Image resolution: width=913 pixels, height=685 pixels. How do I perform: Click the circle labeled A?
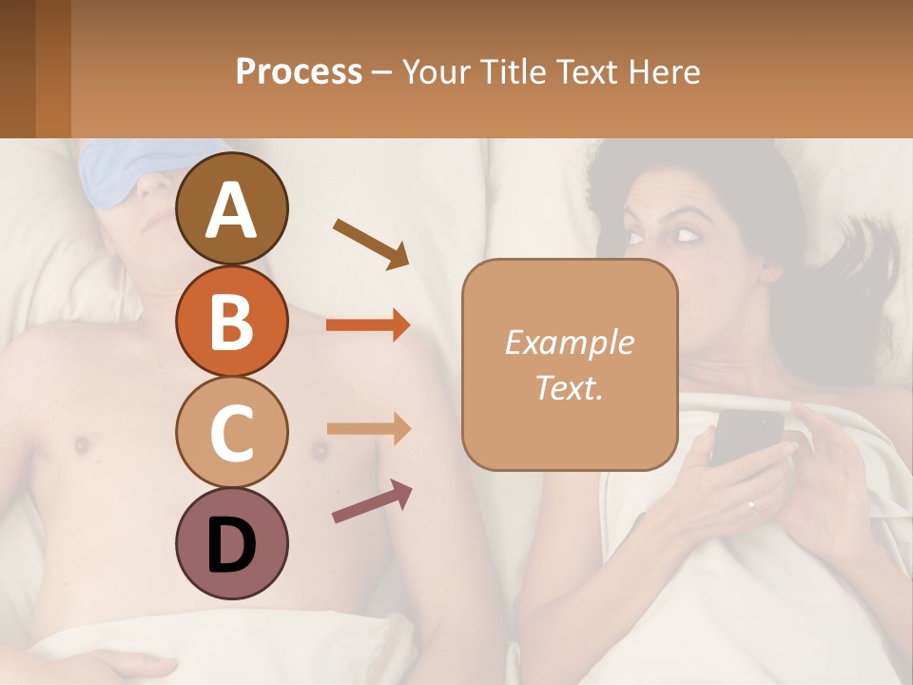231,208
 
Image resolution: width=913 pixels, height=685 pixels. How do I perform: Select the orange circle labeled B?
231,321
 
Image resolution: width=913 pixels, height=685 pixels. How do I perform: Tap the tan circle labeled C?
231,432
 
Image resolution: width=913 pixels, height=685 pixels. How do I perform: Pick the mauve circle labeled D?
231,543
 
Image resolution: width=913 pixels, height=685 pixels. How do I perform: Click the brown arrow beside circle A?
371,243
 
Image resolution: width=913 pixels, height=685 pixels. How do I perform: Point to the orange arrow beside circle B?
368,325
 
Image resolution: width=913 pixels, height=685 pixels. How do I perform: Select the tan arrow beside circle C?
368,428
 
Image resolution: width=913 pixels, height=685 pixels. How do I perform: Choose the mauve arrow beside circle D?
372,500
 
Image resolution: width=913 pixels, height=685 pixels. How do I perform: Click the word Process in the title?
299,71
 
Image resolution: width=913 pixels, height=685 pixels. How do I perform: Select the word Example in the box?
569,342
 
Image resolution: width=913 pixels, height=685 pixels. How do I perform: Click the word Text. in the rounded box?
569,387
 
